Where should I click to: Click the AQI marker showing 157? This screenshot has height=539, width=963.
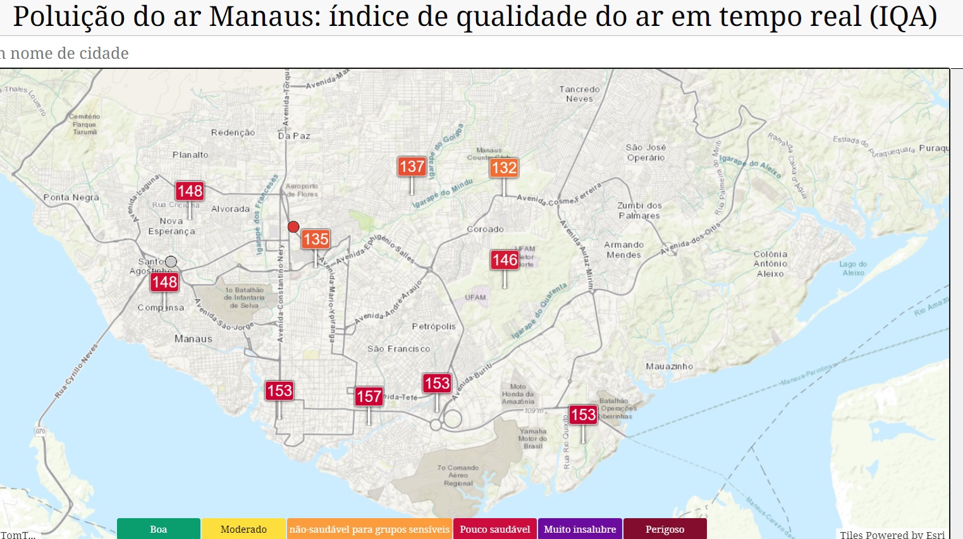pos(369,396)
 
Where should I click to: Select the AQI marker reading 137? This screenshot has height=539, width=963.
pos(412,167)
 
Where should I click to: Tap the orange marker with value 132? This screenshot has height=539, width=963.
pos(504,167)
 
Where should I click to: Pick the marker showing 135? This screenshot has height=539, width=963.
pos(316,239)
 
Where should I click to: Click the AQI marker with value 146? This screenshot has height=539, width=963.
pos(505,260)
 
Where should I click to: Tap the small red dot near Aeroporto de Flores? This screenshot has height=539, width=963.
pos(293,227)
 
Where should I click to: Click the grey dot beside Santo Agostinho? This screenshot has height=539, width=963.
pos(171,262)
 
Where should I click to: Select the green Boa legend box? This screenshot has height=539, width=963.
pos(159,529)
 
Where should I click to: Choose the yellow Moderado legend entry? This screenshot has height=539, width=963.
pos(243,529)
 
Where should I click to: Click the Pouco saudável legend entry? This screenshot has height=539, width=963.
pos(494,529)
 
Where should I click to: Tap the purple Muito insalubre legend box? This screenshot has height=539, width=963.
pos(580,529)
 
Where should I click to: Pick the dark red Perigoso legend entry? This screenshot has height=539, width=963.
pos(665,529)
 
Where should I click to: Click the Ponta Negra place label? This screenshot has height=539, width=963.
pos(71,197)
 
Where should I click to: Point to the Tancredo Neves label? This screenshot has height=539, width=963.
pos(579,94)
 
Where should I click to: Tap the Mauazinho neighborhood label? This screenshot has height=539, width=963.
pos(669,366)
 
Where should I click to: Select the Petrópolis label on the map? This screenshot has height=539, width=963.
pos(434,327)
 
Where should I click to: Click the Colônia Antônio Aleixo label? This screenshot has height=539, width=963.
pos(770,264)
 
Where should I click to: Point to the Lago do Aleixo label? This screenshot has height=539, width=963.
pos(853,269)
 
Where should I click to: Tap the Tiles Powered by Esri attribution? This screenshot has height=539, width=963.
pos(892,535)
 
